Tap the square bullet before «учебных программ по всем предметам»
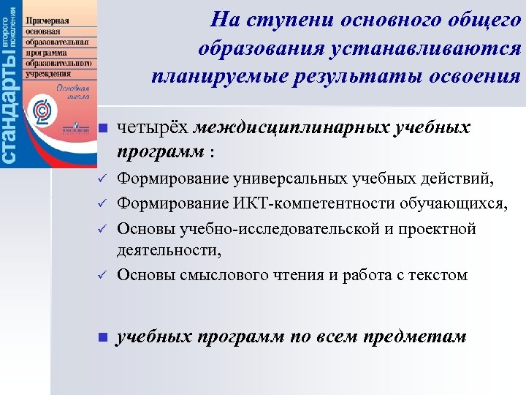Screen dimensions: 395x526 coord(103,337)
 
